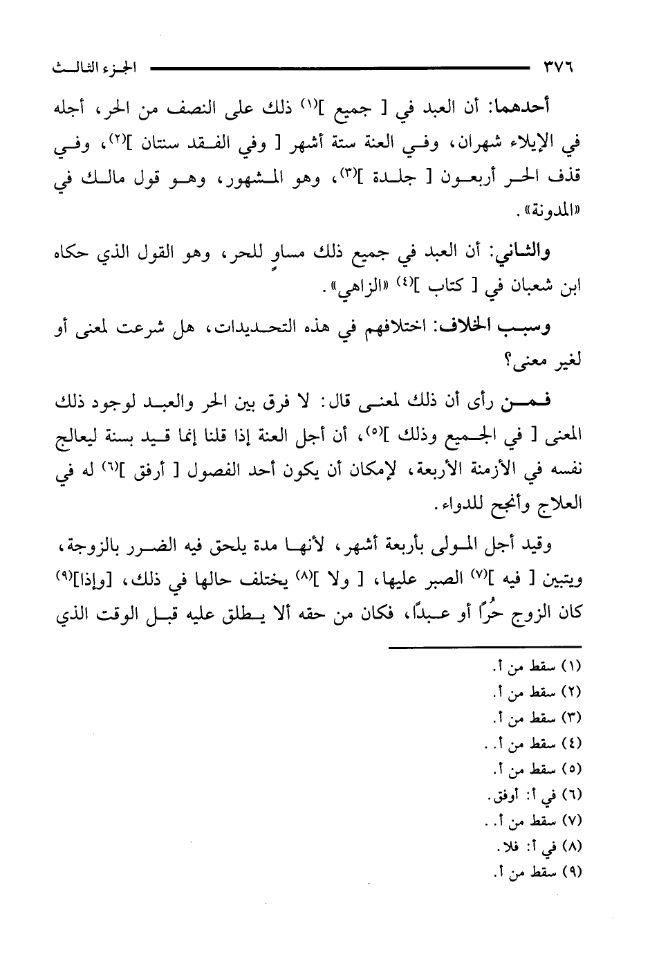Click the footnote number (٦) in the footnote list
(x=572, y=795)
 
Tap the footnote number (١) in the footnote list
(x=572, y=667)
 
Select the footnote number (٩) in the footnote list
(x=572, y=873)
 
